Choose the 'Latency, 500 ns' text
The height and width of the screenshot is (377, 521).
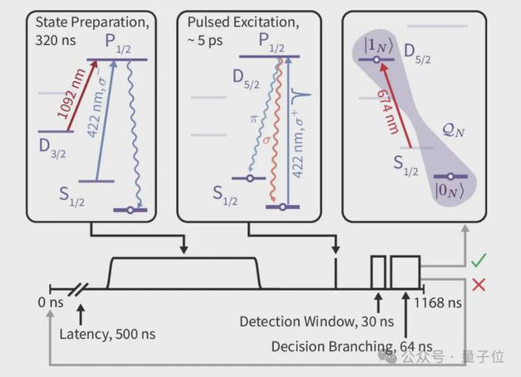click(107, 334)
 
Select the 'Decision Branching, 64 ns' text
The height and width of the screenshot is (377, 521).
click(352, 346)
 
